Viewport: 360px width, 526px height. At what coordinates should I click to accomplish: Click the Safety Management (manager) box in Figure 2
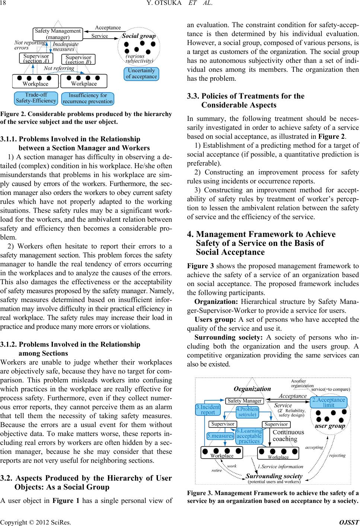57,34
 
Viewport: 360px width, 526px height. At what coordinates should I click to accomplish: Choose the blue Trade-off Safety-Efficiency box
36,98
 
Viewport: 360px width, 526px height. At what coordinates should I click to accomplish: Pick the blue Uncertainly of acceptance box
141,74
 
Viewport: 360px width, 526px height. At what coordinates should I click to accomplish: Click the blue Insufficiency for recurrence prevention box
87,98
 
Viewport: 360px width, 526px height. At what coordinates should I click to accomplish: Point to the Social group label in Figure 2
139,36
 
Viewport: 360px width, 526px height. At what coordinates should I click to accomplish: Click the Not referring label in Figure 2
58,68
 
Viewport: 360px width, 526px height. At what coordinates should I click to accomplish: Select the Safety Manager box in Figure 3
244,401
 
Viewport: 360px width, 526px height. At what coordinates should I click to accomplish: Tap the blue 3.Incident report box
208,410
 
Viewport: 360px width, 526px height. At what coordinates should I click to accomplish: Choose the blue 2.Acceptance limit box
328,402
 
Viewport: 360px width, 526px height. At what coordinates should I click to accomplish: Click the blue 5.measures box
220,436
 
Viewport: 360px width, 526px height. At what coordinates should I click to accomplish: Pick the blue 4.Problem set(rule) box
247,412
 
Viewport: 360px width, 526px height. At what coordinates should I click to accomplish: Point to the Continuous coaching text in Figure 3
288,436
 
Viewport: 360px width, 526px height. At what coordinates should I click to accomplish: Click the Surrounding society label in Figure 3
274,476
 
